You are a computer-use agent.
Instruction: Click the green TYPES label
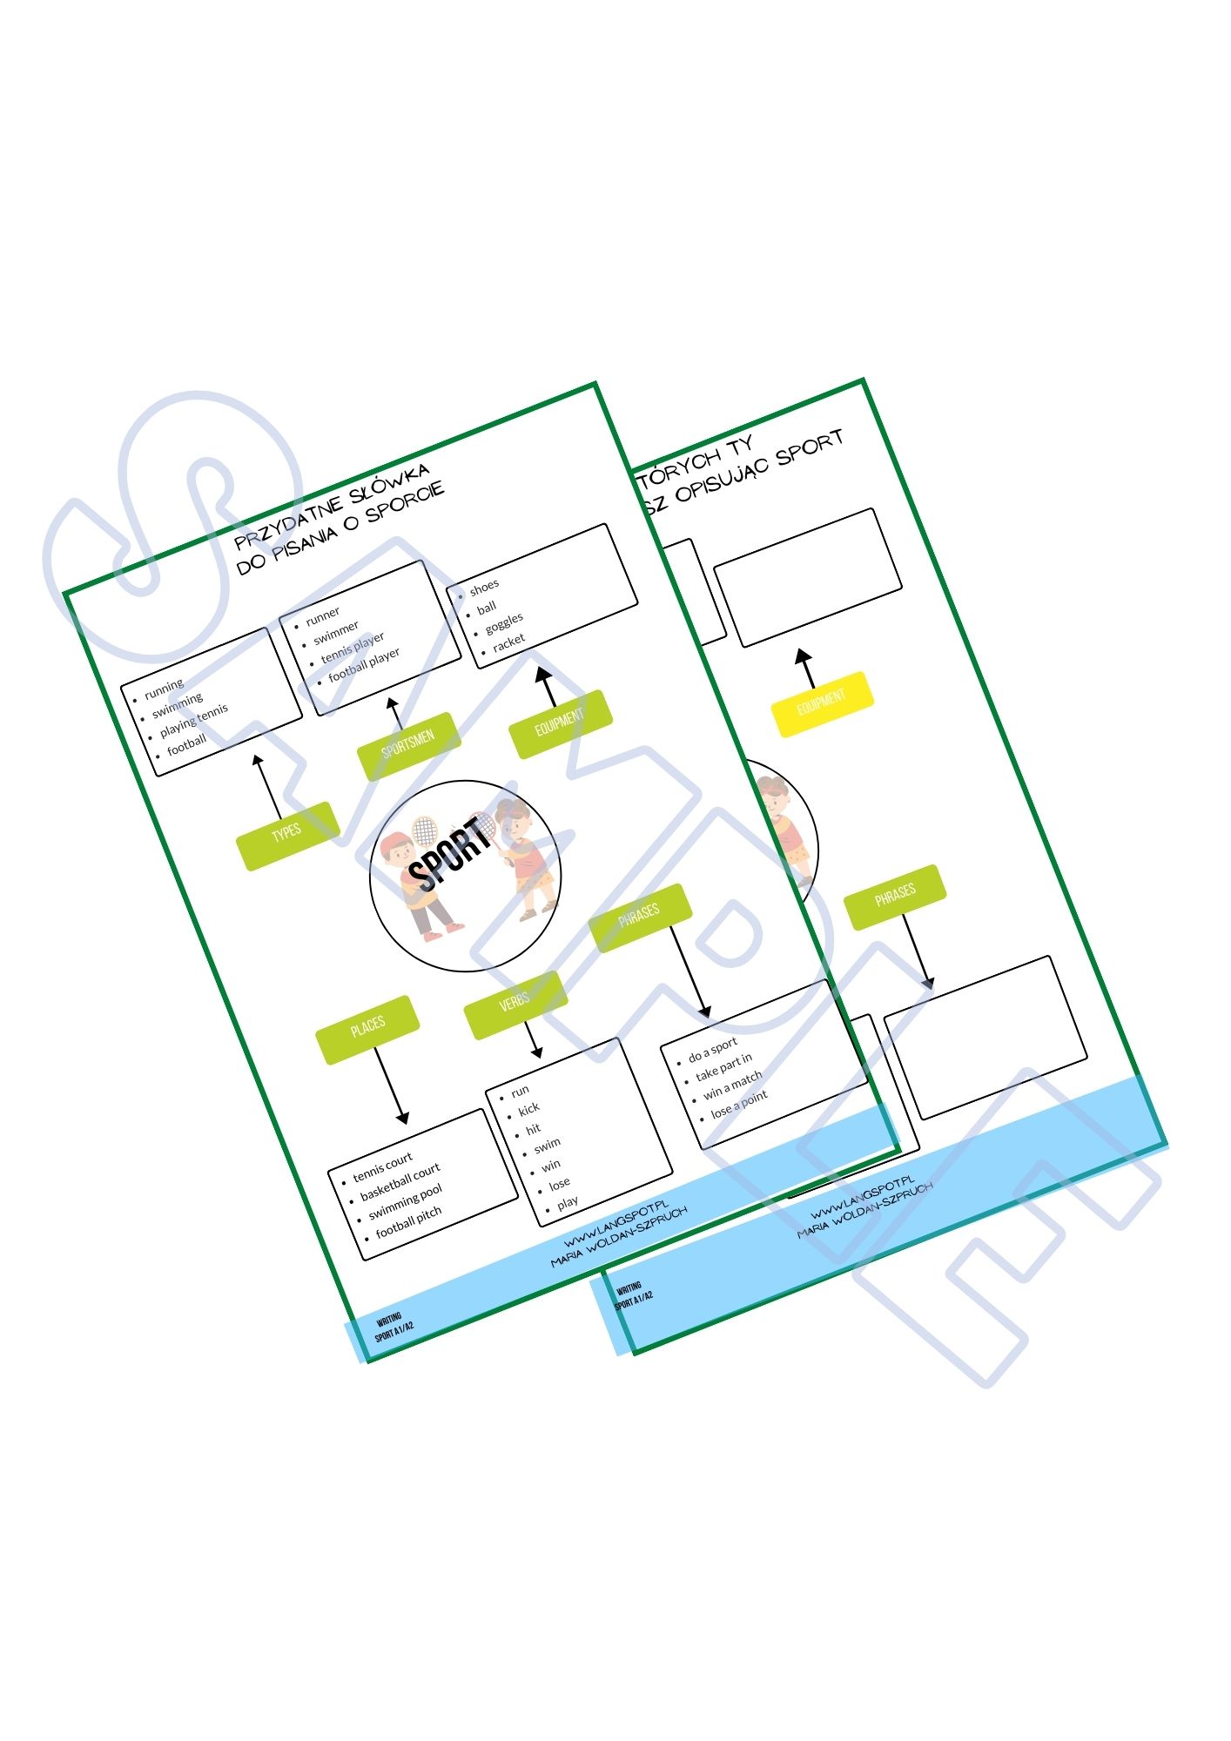[x=287, y=833]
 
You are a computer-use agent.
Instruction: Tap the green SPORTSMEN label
[x=408, y=744]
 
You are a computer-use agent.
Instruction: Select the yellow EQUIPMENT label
[x=822, y=703]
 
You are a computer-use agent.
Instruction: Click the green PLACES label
[x=367, y=1029]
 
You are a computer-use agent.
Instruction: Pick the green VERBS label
[x=515, y=1005]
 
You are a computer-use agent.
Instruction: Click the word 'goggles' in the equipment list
[x=504, y=622]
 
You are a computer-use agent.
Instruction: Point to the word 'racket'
[x=508, y=642]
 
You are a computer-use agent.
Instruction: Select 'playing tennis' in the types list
[x=193, y=720]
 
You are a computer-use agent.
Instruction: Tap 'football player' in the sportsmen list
[x=364, y=664]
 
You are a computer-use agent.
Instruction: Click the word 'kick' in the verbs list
[x=528, y=1109]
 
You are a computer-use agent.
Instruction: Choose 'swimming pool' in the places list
[x=405, y=1201]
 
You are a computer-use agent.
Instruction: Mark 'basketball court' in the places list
[x=400, y=1181]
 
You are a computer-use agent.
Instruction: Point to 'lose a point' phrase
[x=739, y=1104]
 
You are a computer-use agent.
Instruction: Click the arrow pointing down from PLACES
[x=388, y=1084]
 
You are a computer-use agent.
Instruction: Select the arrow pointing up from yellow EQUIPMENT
[x=807, y=667]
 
